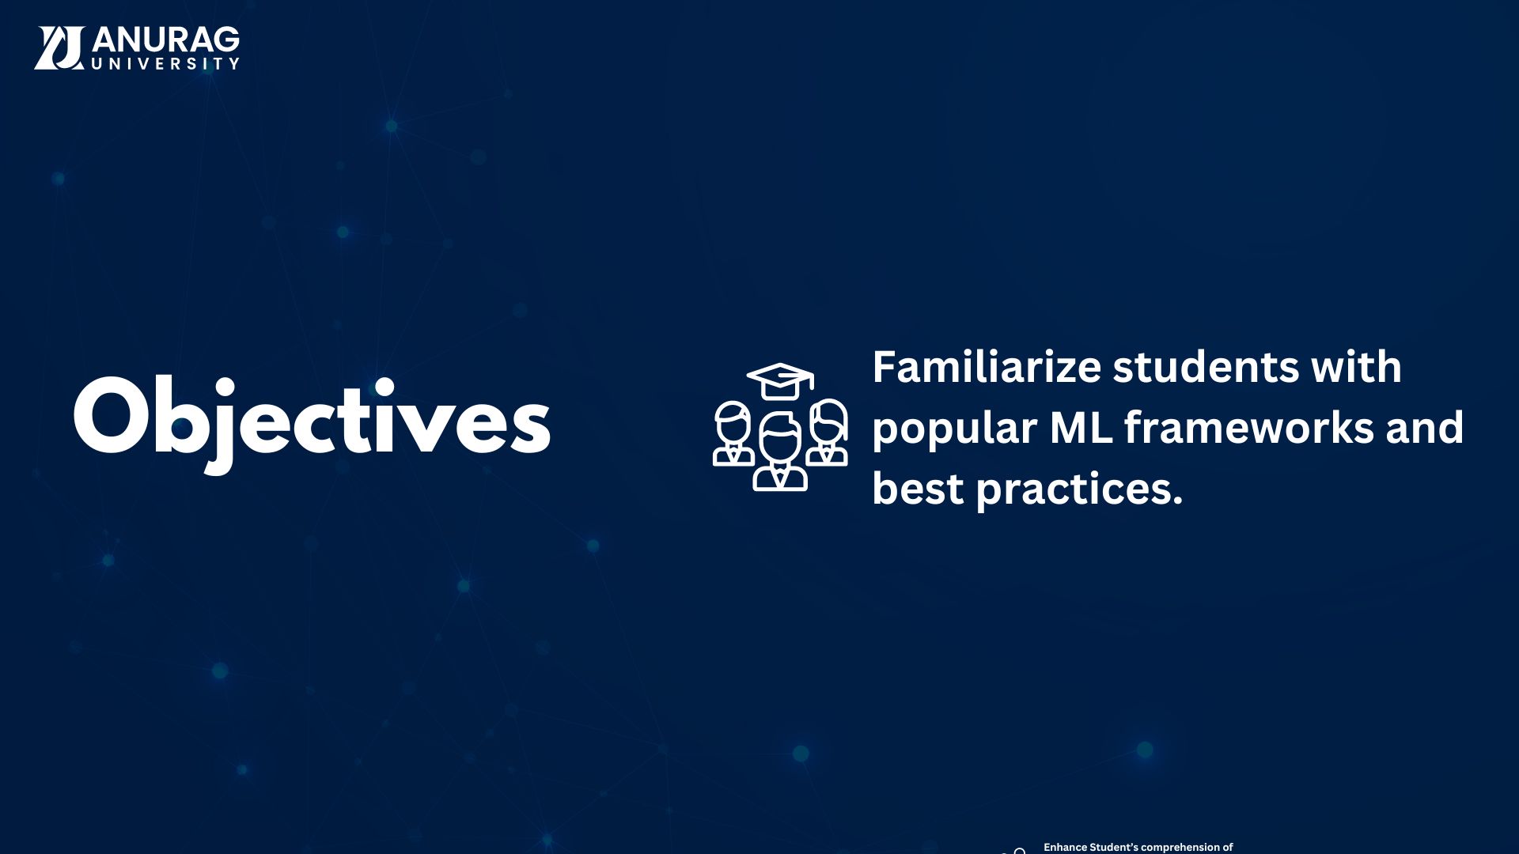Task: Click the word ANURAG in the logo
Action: coord(166,40)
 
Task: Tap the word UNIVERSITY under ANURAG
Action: coord(165,63)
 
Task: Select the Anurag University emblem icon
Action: coord(59,47)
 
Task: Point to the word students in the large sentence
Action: coord(1206,368)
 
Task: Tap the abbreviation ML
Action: coord(1081,428)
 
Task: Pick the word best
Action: coord(918,489)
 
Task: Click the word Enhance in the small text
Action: coord(1065,847)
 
